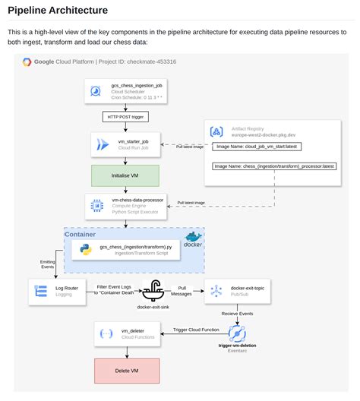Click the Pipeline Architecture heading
[58, 10]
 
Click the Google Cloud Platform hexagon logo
[27, 62]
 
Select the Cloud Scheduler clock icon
[96, 91]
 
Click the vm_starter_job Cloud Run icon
[100, 144]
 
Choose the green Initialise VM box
[124, 175]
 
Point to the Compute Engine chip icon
[97, 206]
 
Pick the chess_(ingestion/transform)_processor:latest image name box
[273, 166]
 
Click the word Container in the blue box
[80, 235]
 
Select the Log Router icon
[41, 292]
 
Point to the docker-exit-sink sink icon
[154, 290]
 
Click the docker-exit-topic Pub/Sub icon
[216, 291]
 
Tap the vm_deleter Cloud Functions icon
[106, 333]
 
